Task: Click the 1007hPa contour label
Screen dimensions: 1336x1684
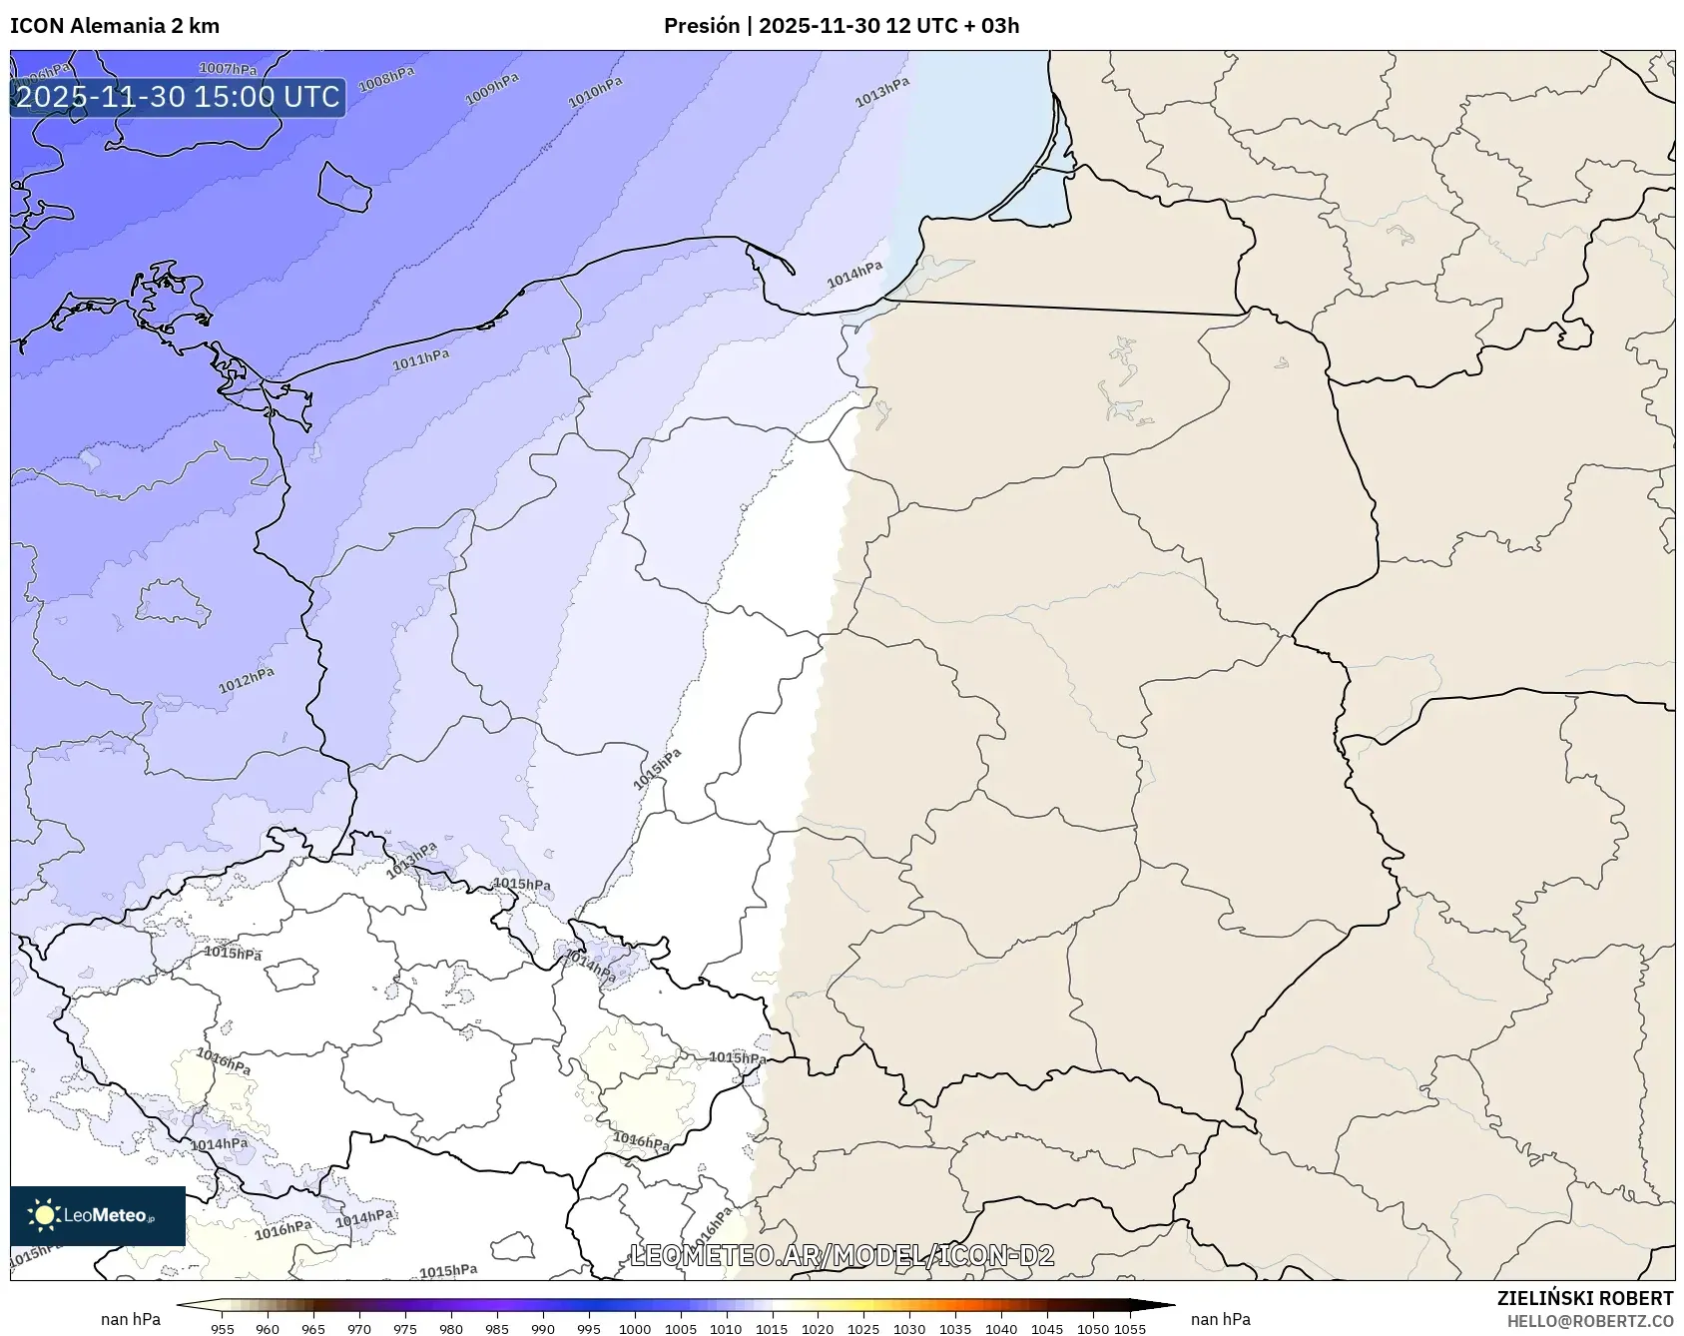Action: [228, 69]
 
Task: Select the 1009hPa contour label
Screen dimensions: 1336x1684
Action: [492, 89]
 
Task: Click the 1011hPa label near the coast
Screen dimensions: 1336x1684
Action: [420, 359]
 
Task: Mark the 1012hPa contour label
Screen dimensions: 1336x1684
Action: [247, 680]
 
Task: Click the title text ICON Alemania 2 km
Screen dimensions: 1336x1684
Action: [115, 26]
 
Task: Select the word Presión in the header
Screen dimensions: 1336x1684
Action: [702, 26]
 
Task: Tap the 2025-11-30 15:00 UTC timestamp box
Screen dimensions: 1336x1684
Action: [178, 97]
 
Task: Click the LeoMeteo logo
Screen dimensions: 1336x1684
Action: [98, 1215]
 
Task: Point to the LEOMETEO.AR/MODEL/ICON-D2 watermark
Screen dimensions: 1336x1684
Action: [842, 1255]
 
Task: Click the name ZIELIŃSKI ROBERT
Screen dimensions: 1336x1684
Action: [1584, 1298]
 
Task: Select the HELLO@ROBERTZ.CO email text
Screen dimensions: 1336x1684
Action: [1589, 1320]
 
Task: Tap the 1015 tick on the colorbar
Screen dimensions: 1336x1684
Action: [772, 1328]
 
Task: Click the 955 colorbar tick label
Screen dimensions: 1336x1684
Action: [223, 1328]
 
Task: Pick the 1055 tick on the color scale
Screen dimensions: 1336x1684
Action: [1129, 1328]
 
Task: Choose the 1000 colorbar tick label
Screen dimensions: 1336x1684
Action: [635, 1328]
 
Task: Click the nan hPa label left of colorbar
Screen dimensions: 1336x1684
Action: [131, 1319]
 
